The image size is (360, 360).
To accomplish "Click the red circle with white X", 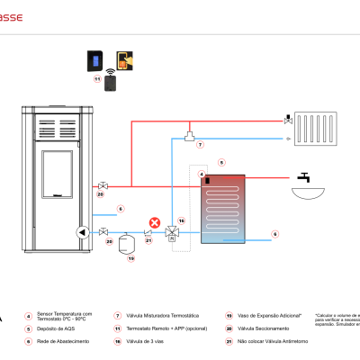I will click(155, 220).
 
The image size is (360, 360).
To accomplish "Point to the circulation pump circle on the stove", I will click(83, 231).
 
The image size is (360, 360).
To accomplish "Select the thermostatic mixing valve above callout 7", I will click(191, 135).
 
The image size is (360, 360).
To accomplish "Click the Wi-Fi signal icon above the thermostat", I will click(110, 69).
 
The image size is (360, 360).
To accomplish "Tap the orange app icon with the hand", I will click(121, 60).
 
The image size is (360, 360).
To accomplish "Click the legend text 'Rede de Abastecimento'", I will click(62, 342).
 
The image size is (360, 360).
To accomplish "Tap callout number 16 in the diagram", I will click(181, 220).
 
